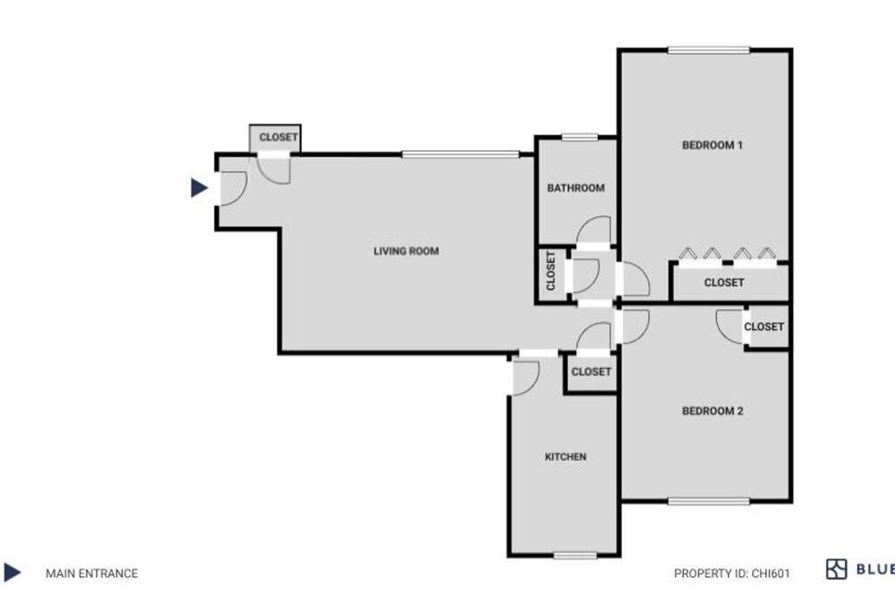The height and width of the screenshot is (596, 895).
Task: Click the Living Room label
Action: [405, 251]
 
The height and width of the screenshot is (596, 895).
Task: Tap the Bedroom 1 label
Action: [712, 145]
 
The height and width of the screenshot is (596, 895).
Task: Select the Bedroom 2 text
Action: [712, 411]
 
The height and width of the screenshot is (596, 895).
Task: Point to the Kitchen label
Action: [565, 456]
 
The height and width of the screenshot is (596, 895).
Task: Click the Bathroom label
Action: [575, 188]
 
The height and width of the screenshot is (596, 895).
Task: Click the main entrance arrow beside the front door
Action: [199, 187]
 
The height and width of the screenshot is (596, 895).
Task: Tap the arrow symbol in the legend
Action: [12, 572]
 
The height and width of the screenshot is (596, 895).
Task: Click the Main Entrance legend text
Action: [92, 573]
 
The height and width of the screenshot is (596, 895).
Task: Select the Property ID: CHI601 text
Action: [732, 573]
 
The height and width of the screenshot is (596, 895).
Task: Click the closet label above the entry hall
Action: [278, 137]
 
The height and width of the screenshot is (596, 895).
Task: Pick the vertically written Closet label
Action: [550, 270]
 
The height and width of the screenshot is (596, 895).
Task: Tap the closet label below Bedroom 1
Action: [724, 283]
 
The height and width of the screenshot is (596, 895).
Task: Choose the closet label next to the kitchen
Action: [591, 371]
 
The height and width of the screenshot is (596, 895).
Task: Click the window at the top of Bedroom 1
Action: [708, 50]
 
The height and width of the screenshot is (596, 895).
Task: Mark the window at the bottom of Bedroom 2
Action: [708, 501]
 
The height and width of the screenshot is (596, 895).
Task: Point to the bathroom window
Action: [579, 137]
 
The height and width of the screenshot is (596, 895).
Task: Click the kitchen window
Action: [575, 556]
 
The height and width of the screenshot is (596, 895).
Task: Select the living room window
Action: [460, 154]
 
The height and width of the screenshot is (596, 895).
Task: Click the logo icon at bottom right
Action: [836, 569]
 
